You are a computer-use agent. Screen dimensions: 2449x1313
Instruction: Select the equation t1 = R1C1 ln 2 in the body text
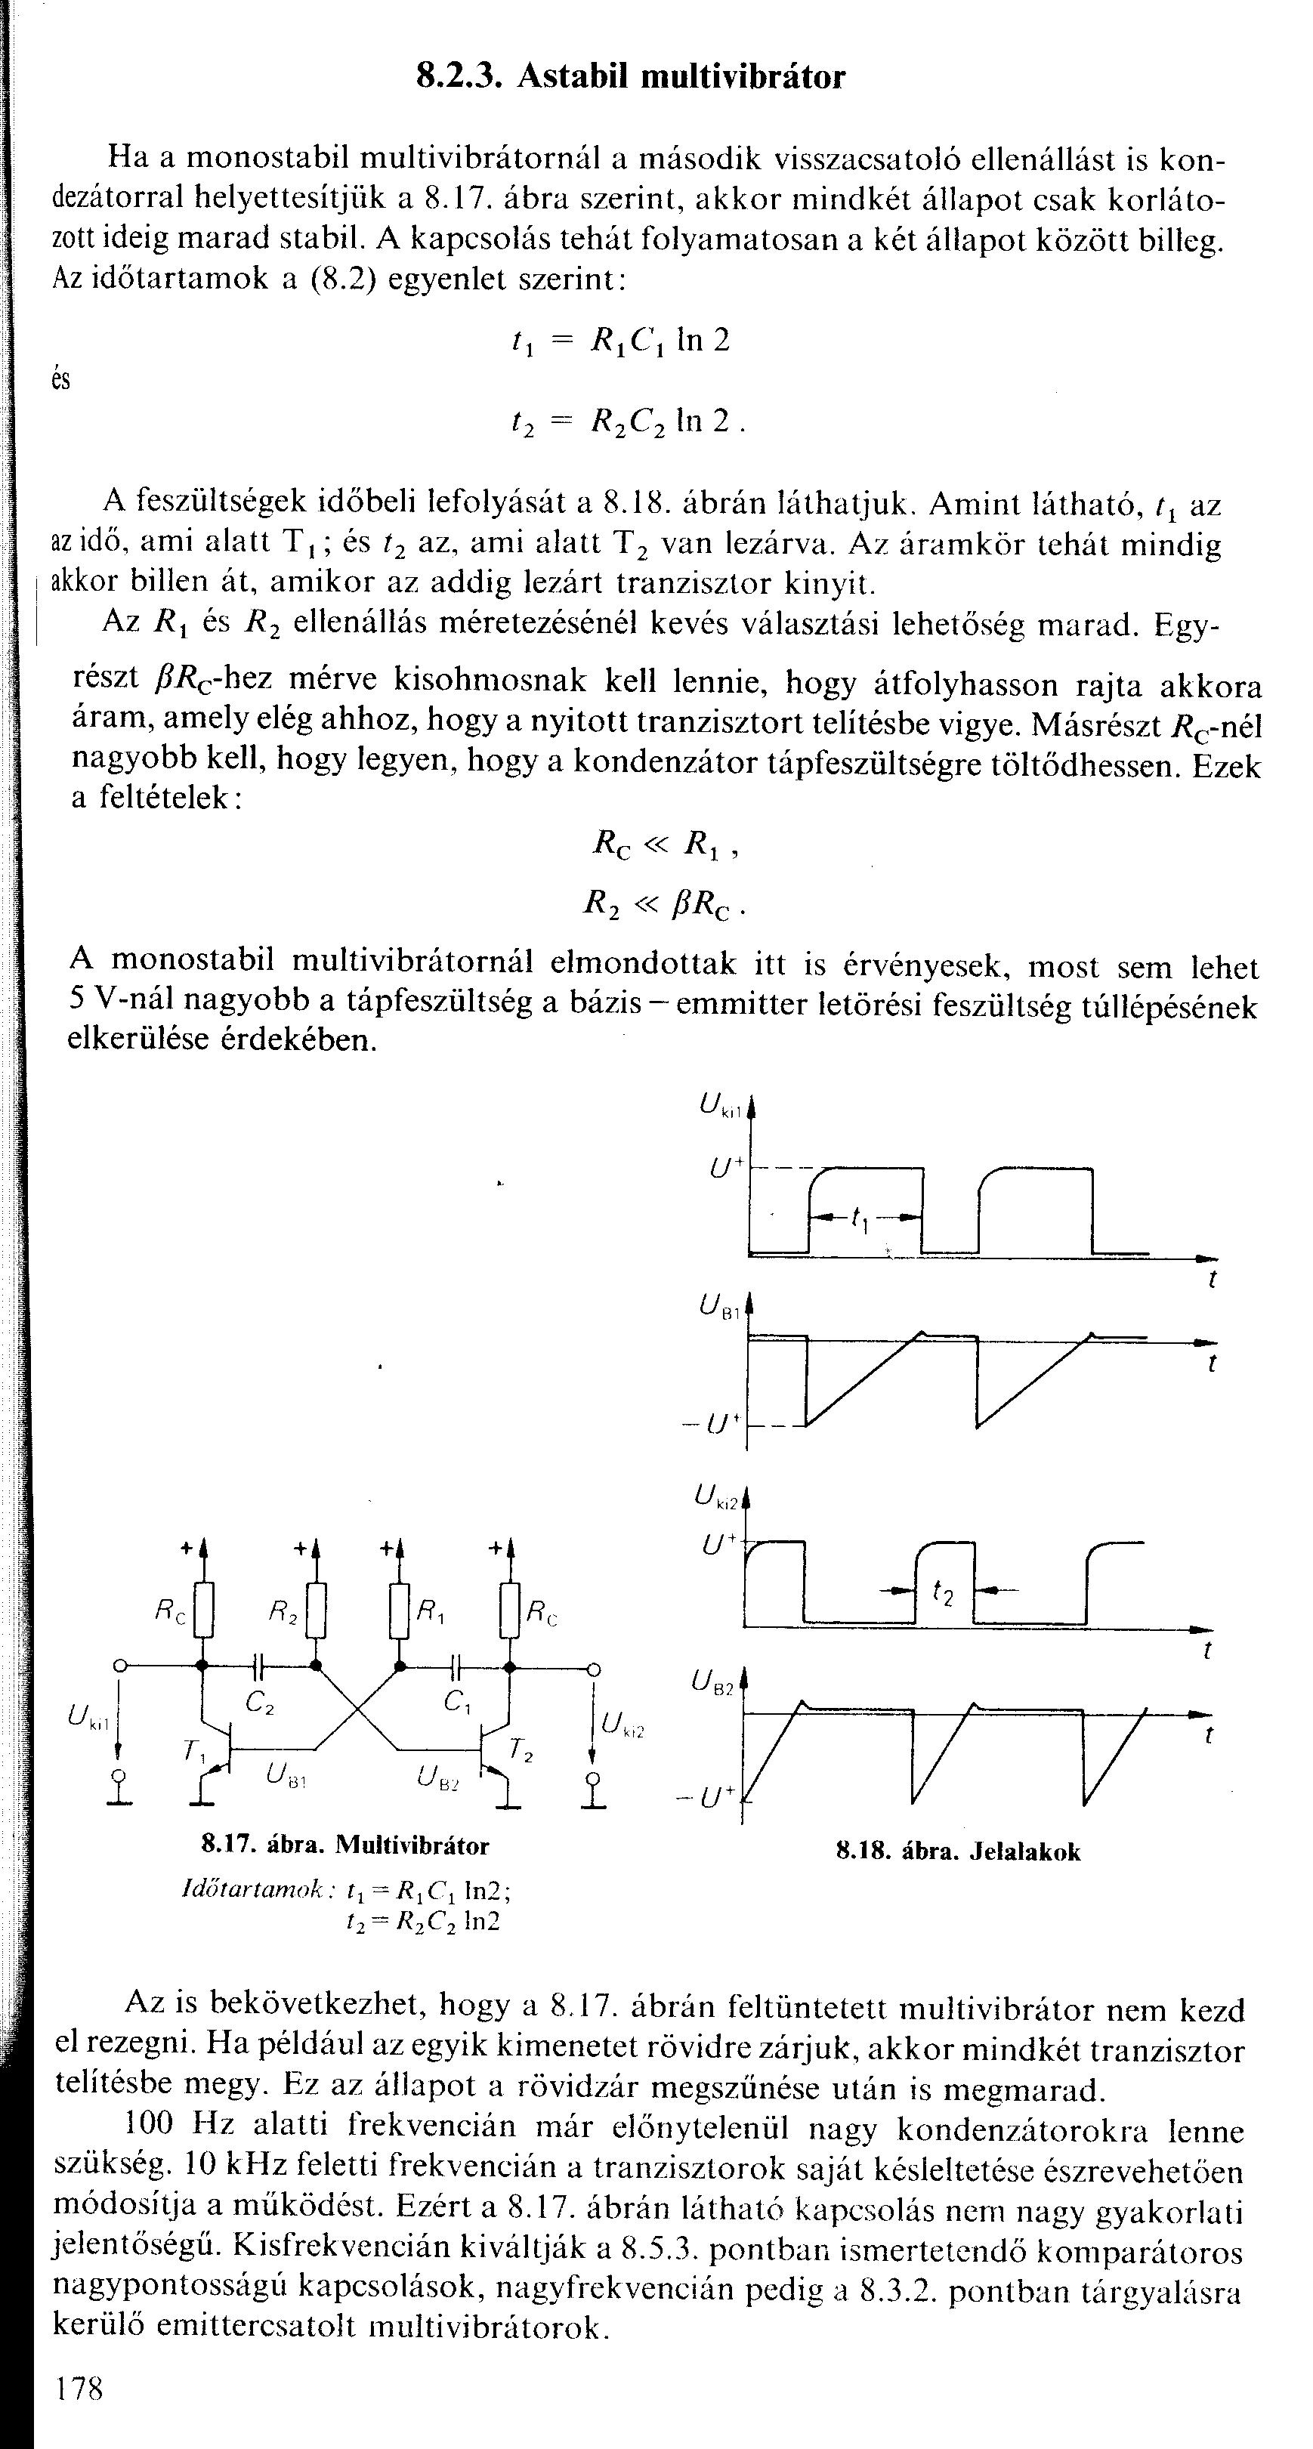620,341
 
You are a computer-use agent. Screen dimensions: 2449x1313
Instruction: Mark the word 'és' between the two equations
61,380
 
